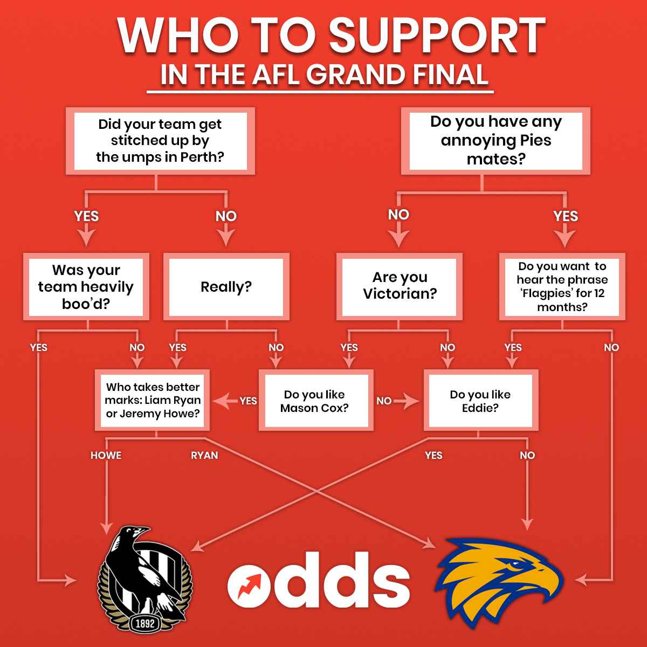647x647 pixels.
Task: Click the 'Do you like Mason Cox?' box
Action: [315, 401]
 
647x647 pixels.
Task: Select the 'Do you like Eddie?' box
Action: [480, 401]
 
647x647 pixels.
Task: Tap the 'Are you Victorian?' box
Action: [399, 286]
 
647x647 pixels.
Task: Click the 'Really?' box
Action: [226, 287]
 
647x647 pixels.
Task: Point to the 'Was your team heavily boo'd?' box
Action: [86, 287]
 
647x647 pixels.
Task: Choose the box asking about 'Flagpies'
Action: [562, 287]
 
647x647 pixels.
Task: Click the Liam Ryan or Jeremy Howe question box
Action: [153, 401]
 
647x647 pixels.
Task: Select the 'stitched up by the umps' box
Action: [160, 141]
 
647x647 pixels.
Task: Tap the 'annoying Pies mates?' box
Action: [495, 141]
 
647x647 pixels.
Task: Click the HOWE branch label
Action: [106, 456]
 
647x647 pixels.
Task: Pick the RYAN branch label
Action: [204, 456]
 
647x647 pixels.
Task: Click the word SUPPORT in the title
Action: [437, 36]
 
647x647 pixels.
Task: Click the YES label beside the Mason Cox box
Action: [248, 401]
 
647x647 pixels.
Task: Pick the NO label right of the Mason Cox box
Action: [384, 401]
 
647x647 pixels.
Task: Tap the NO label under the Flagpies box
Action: [611, 348]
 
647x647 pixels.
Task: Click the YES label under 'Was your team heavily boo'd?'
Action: [39, 348]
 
